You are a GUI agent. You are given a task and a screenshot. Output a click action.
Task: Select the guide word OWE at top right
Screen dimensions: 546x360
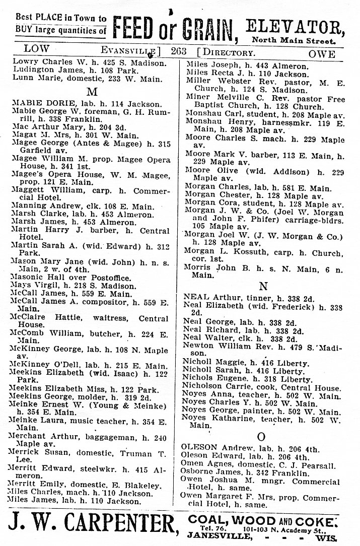coord(321,54)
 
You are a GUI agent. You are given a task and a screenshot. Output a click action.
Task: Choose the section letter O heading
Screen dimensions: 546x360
coord(261,436)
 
